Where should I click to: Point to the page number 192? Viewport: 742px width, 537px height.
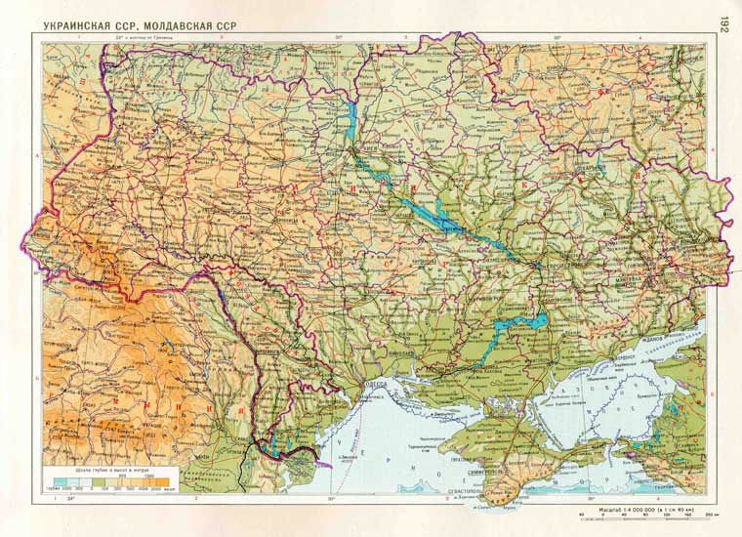click(x=723, y=23)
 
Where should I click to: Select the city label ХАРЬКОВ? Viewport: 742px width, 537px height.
click(x=590, y=167)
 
